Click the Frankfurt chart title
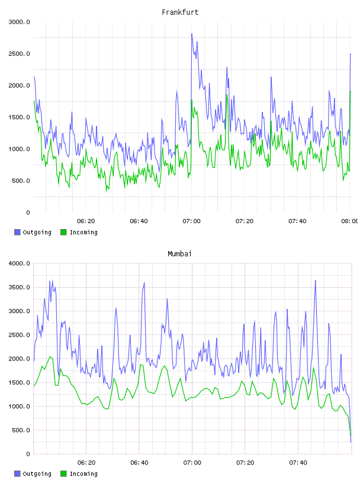(180, 12)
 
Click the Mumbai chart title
(179, 254)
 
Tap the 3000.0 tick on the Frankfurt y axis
(19, 22)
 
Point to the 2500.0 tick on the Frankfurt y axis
(19, 54)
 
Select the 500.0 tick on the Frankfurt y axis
(21, 181)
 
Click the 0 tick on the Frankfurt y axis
(28, 212)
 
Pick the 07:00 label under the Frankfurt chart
(191, 221)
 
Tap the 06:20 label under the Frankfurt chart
(86, 221)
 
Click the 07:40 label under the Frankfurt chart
(297, 221)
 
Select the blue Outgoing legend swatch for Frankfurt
(17, 232)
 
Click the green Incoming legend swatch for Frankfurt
(63, 232)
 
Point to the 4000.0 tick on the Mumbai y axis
(19, 263)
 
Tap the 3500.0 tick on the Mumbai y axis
(19, 288)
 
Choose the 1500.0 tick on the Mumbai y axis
(19, 382)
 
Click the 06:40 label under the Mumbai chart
(139, 463)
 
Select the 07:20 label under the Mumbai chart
(245, 463)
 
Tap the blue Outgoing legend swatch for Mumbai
(17, 474)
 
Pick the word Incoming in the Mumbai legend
(83, 474)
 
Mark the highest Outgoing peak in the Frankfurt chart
(192, 34)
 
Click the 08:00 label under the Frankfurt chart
(350, 221)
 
